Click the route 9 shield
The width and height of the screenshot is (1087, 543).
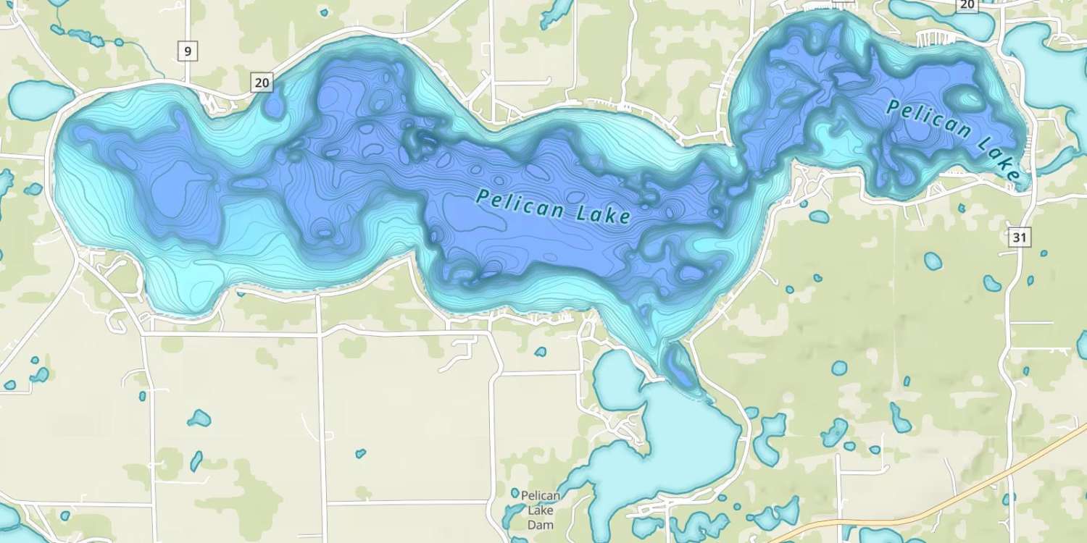[x=188, y=51]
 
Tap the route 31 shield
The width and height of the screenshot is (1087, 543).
[x=1020, y=237]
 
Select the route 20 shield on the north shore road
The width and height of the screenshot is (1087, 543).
[x=262, y=83]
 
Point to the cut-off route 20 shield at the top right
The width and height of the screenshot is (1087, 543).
[x=966, y=4]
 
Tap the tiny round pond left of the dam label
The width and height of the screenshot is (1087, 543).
[x=515, y=493]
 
